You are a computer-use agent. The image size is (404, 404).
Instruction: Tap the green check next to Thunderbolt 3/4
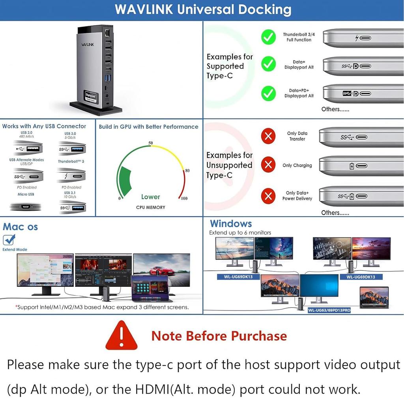click(268, 37)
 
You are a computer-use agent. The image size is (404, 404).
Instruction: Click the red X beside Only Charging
click(268, 165)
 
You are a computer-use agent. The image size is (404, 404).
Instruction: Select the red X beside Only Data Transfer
click(268, 137)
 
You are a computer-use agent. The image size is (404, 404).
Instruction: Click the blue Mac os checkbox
click(9, 239)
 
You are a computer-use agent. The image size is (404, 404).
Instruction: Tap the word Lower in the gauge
click(150, 197)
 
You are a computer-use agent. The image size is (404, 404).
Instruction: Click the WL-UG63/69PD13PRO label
click(329, 310)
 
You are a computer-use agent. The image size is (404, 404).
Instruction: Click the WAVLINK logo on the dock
click(88, 45)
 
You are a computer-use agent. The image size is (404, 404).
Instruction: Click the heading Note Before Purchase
click(219, 336)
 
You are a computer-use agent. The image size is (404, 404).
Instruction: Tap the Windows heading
click(231, 224)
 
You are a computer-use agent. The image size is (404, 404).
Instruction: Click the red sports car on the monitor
click(158, 271)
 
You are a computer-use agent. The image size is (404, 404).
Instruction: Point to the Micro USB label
click(26, 194)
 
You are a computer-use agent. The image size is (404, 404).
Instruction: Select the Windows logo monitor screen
click(319, 286)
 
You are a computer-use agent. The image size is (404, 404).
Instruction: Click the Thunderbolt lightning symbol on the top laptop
click(357, 38)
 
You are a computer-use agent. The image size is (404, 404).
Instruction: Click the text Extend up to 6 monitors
click(240, 233)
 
